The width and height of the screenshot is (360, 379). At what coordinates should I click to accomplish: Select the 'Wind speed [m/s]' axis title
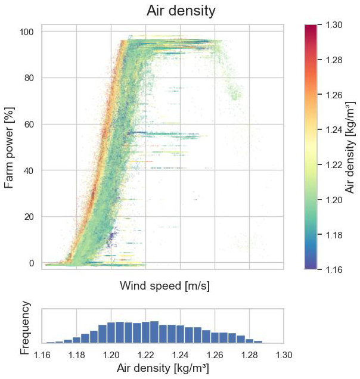165,286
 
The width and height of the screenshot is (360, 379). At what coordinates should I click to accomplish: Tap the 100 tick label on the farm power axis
28,32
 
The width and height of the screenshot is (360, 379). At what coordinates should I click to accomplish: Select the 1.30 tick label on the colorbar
335,26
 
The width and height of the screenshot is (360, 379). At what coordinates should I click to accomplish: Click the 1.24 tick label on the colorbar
335,130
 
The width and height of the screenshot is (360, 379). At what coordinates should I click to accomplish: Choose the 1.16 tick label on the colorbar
335,270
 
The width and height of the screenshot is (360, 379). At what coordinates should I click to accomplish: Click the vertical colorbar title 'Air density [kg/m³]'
351,147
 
